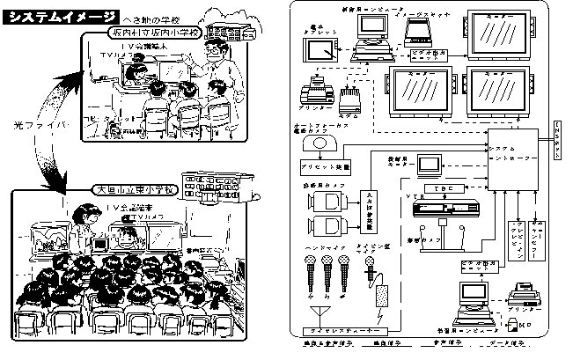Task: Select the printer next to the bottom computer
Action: [x=523, y=289]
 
